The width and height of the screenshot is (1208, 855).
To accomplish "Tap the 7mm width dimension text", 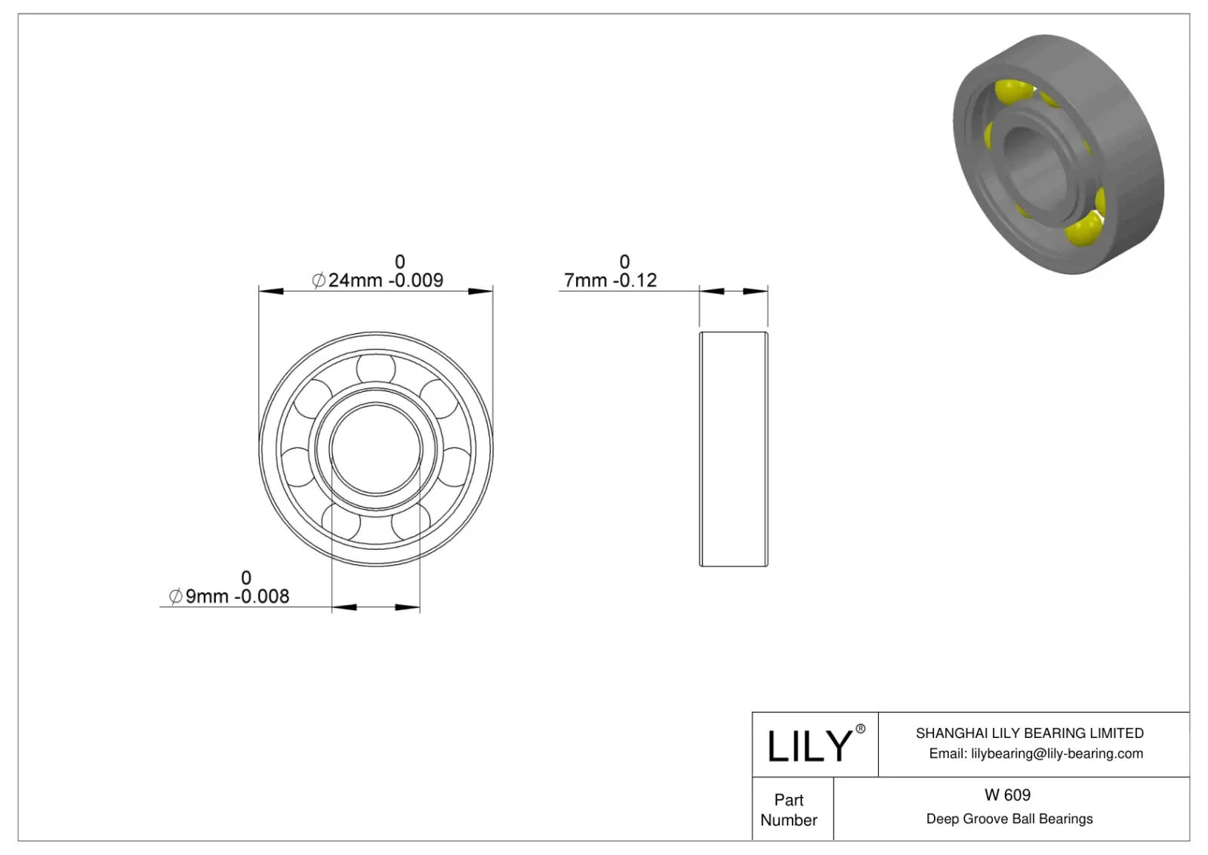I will (x=586, y=280).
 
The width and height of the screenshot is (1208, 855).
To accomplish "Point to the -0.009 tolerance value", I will (x=416, y=280).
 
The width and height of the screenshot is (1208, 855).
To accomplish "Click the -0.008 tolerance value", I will (x=262, y=597).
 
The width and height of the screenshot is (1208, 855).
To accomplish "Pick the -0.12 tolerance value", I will (x=635, y=280).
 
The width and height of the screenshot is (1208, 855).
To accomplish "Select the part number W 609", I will (x=1007, y=795).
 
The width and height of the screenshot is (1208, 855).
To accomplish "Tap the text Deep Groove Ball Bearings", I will (x=1009, y=819).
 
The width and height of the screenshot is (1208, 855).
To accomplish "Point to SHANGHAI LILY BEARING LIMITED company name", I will (x=1029, y=733).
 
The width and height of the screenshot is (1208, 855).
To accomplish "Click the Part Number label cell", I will (x=789, y=809).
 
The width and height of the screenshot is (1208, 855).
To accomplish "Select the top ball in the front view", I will (x=376, y=368).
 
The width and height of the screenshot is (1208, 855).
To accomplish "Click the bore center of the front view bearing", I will (x=376, y=449).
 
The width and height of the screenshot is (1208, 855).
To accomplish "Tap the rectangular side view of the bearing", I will (x=733, y=449).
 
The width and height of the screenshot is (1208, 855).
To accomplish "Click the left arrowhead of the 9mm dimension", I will (x=344, y=607).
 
